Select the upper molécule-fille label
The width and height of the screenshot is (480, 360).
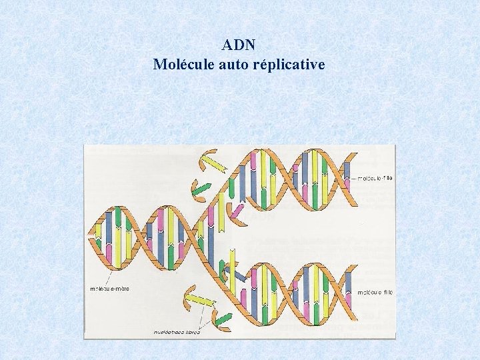[375, 178]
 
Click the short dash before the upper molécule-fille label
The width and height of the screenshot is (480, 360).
[353, 178]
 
